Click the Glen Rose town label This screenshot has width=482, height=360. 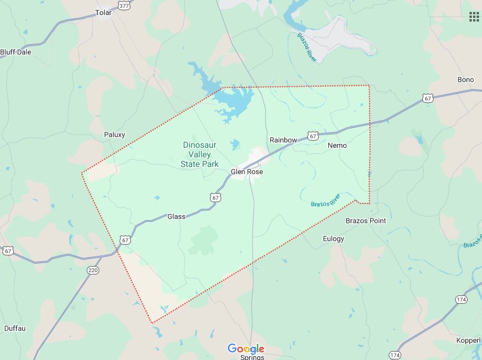247,172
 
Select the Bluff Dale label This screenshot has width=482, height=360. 16,52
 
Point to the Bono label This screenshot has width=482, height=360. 465,80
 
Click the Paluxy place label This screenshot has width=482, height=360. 114,135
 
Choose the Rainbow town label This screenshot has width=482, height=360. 283,139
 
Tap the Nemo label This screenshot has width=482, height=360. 337,145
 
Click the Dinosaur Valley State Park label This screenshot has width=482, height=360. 200,154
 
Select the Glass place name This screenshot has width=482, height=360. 176,216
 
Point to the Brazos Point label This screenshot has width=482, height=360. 366,221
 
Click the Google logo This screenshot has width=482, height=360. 246,349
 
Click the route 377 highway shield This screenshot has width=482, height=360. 124,5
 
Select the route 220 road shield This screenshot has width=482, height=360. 93,270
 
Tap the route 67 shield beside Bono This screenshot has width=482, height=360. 426,97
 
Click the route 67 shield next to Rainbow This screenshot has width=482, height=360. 313,136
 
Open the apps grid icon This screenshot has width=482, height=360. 474,16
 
